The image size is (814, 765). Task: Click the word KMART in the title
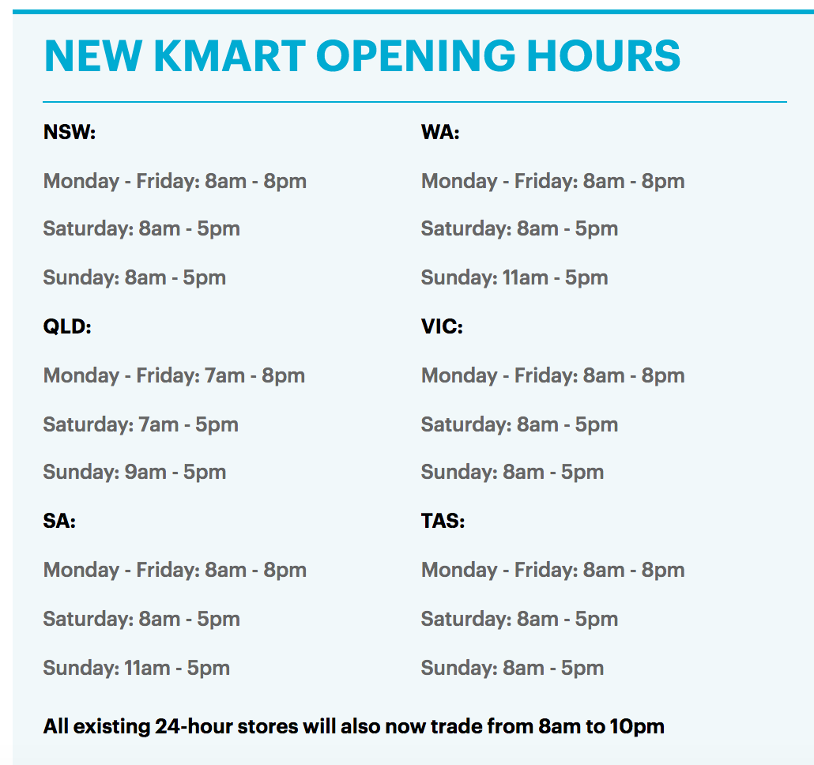229,55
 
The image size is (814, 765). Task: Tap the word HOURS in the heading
603,55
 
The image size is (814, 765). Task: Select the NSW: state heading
70,132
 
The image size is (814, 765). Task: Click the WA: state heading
440,132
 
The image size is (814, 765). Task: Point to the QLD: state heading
67,326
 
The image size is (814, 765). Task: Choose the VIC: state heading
442,326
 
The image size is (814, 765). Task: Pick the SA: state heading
59,521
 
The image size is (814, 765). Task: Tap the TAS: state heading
443,521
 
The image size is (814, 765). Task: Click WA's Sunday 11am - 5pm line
514,277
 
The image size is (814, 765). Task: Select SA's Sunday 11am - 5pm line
137,668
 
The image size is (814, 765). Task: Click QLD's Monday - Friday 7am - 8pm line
175,375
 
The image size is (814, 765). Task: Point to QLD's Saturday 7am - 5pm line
141,424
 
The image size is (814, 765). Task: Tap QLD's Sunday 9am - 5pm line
134,473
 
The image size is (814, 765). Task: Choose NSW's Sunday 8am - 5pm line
134,277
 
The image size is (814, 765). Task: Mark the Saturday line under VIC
520,424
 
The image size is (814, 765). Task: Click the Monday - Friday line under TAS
553,570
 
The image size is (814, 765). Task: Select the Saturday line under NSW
141,229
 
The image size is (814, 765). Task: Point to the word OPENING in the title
416,55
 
